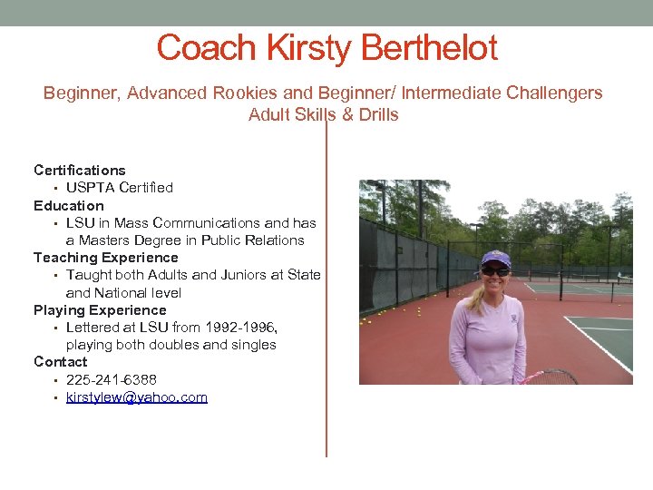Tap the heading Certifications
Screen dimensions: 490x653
pyautogui.click(x=80, y=170)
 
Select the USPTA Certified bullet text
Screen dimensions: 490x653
pyautogui.click(x=120, y=188)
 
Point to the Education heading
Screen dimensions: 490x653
pyautogui.click(x=69, y=205)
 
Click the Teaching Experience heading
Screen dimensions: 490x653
pyautogui.click(x=106, y=258)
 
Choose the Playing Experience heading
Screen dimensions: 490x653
pyautogui.click(x=100, y=310)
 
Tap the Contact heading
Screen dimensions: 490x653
pyautogui.click(x=61, y=362)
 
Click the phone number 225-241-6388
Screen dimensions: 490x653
pyautogui.click(x=118, y=379)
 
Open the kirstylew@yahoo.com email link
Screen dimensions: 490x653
pyautogui.click(x=137, y=397)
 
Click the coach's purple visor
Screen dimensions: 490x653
pyautogui.click(x=495, y=259)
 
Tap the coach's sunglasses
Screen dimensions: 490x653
pyautogui.click(x=495, y=270)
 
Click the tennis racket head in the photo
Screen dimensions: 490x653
pyautogui.click(x=551, y=377)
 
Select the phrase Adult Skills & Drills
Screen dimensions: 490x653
pyautogui.click(x=324, y=115)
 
